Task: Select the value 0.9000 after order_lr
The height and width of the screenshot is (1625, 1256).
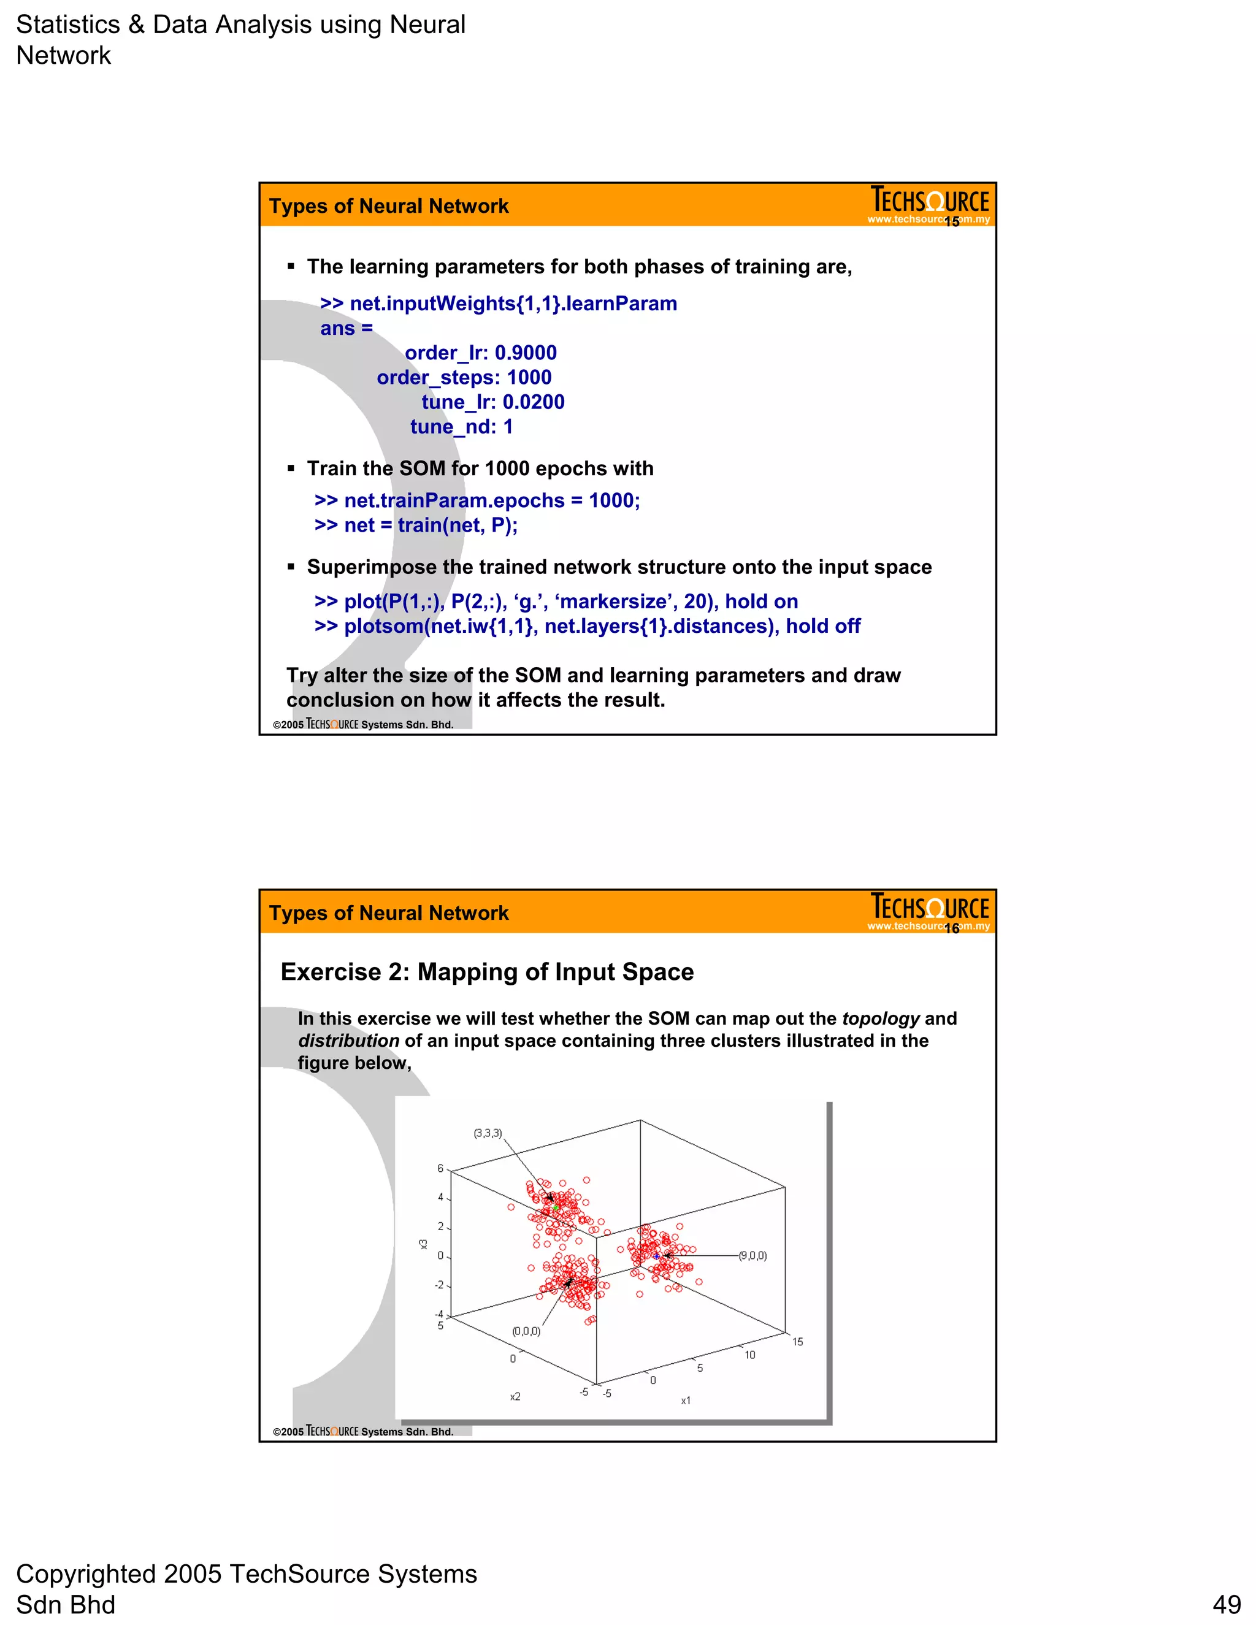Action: (x=526, y=353)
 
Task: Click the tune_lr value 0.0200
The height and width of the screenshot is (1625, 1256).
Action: (x=533, y=402)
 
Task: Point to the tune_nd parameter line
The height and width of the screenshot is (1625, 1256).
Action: (x=461, y=426)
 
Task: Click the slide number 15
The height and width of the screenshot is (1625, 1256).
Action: (x=952, y=222)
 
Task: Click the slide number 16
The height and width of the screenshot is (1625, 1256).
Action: (x=952, y=928)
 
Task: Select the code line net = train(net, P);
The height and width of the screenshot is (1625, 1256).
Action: (x=416, y=526)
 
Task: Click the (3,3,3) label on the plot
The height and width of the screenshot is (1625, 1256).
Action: (x=488, y=1133)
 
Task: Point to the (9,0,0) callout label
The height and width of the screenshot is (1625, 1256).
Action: (x=752, y=1256)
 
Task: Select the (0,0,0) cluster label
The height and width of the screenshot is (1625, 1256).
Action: (x=526, y=1331)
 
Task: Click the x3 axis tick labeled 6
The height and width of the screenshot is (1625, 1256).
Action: (x=440, y=1169)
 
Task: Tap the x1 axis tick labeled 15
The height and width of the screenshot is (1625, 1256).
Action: (x=797, y=1342)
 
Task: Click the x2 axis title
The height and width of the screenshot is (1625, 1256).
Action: (x=515, y=1396)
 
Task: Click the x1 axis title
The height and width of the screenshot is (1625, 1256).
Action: (x=685, y=1401)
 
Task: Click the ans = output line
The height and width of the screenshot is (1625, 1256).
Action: (x=346, y=328)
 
